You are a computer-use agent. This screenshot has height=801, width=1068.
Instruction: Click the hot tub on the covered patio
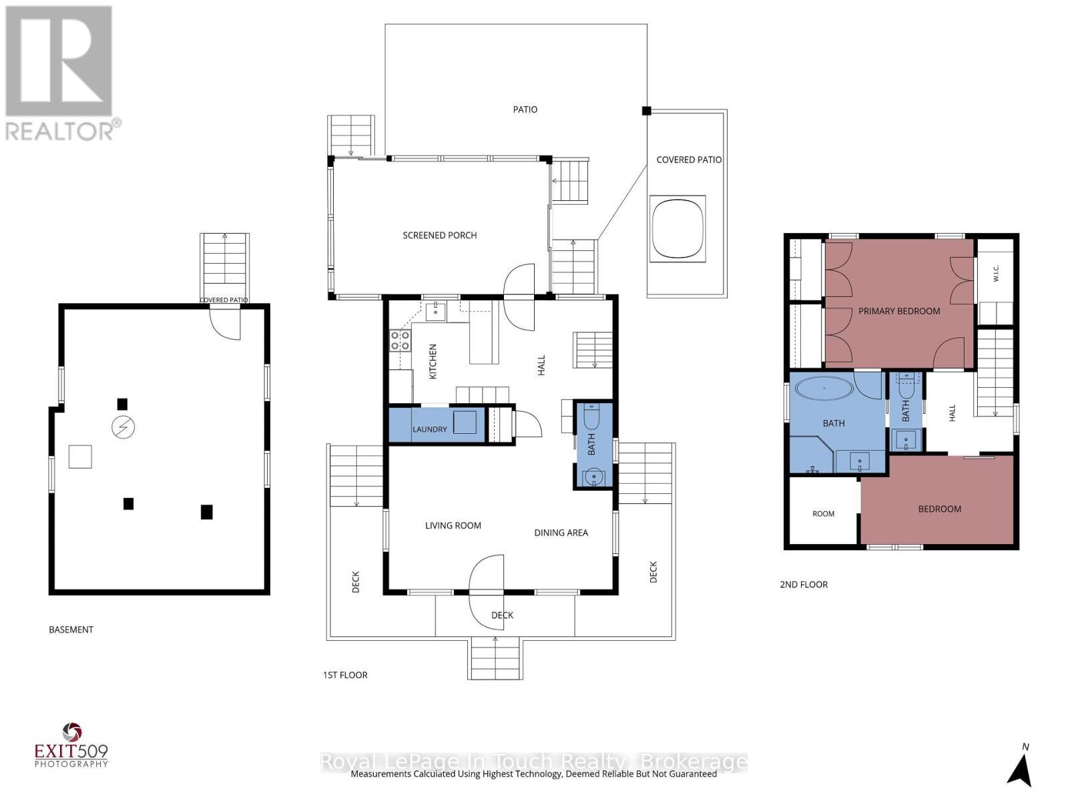point(678,228)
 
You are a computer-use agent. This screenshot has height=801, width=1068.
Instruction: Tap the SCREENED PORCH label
point(439,236)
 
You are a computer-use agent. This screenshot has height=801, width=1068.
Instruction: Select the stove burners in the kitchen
point(400,340)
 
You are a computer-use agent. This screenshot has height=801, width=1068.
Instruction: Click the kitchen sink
point(435,311)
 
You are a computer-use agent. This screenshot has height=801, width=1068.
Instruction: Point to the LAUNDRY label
point(430,429)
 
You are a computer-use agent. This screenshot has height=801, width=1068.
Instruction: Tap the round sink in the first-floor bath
point(593,477)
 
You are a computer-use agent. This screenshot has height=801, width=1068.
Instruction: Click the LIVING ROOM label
point(453,526)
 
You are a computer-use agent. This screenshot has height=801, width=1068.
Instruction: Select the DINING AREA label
point(561,533)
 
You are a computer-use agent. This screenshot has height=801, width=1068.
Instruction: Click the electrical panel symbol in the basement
point(123,427)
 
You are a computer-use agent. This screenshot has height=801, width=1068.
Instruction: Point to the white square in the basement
point(80,457)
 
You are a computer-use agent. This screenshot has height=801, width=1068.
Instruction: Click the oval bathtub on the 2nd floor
point(824,388)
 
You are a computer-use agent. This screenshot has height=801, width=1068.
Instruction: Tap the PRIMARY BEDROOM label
point(898,311)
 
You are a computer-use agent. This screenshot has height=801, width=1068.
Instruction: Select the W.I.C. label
point(995,273)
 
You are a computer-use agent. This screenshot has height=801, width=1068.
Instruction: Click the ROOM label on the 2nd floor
point(823,513)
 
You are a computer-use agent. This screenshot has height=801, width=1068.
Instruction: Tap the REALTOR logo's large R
point(58,61)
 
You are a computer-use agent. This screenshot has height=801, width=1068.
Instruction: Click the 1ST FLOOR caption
point(345,675)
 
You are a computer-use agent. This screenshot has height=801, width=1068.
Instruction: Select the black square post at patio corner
point(646,111)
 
